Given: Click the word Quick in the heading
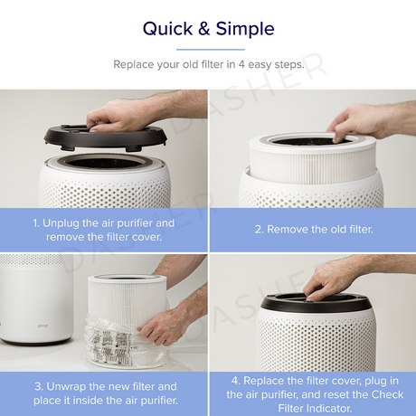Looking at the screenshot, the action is (x=167, y=29).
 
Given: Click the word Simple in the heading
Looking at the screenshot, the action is (x=245, y=30).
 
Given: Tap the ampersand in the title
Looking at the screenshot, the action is (x=204, y=29).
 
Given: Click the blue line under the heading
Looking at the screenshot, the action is (x=211, y=50).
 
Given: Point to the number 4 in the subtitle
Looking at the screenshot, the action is (x=241, y=64).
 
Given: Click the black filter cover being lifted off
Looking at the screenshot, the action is (x=105, y=137).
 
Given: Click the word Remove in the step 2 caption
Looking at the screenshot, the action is (x=288, y=230).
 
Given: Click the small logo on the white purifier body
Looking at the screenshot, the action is (x=43, y=326).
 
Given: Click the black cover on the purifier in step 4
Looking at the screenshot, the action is (x=316, y=302).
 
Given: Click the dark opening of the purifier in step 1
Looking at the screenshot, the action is (x=105, y=163).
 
